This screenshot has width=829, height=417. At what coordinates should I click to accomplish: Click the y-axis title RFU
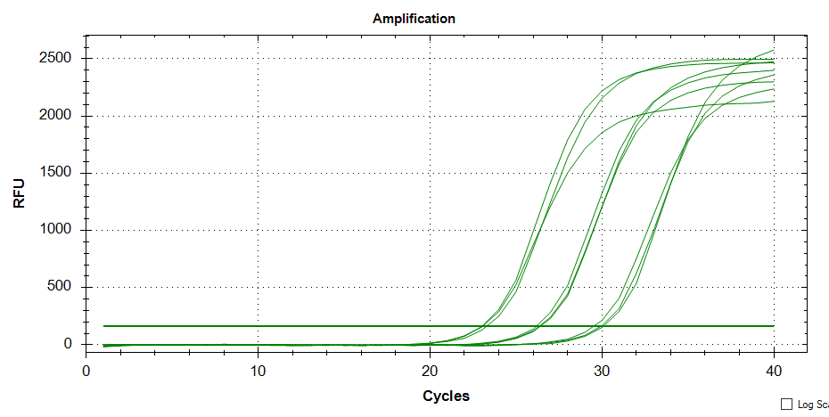(x=20, y=192)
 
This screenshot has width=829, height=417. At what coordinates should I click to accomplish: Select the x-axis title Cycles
(x=446, y=396)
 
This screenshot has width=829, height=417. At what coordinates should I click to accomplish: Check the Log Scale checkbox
(x=786, y=405)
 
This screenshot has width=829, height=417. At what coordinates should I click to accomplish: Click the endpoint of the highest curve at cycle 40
(x=774, y=50)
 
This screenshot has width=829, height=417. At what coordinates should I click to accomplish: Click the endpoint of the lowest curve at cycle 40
(x=774, y=101)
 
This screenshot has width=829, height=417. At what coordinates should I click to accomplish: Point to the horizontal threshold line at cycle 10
(x=259, y=326)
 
